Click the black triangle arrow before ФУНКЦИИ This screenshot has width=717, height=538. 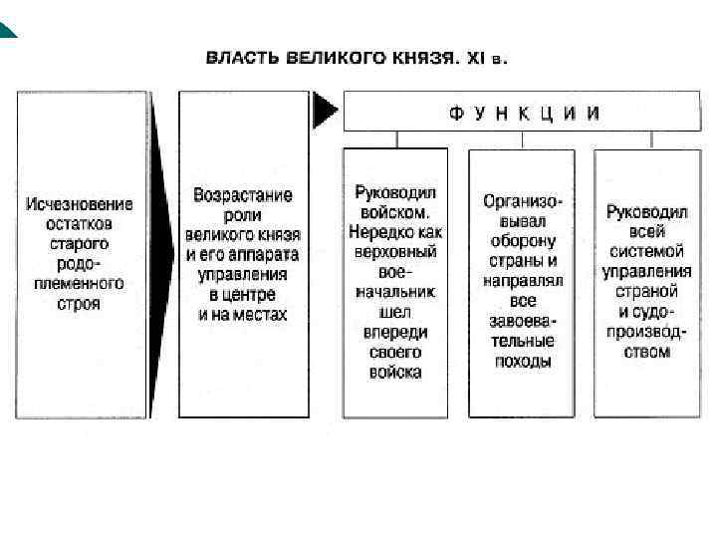[x=325, y=110]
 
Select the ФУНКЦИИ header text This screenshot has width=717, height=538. [x=524, y=113]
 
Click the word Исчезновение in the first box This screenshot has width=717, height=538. [x=80, y=204]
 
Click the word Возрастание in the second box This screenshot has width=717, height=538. [x=243, y=195]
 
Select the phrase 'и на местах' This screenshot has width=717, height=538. [x=243, y=314]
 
